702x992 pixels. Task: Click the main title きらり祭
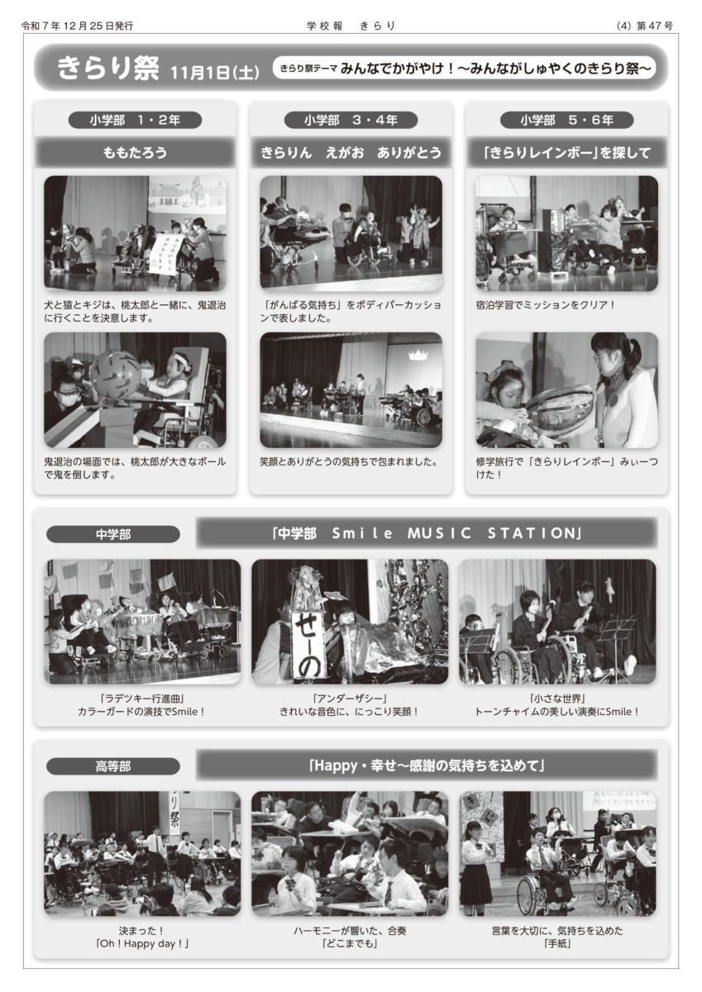(107, 68)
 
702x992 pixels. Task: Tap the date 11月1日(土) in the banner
(215, 73)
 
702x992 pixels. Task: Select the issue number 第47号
(655, 26)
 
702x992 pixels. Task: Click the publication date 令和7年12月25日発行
(77, 26)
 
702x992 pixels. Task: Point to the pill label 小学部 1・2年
(135, 120)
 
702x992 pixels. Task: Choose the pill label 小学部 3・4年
(351, 120)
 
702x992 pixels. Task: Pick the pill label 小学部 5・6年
(566, 120)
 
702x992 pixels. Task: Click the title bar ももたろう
(135, 153)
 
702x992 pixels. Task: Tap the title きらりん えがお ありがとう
(351, 153)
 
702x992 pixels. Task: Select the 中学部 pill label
(113, 534)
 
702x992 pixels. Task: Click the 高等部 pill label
(113, 765)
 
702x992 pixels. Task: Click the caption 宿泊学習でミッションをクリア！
(546, 305)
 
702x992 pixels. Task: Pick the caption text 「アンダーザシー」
(350, 699)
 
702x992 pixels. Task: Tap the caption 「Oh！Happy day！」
(142, 943)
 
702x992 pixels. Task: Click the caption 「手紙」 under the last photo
(557, 943)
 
